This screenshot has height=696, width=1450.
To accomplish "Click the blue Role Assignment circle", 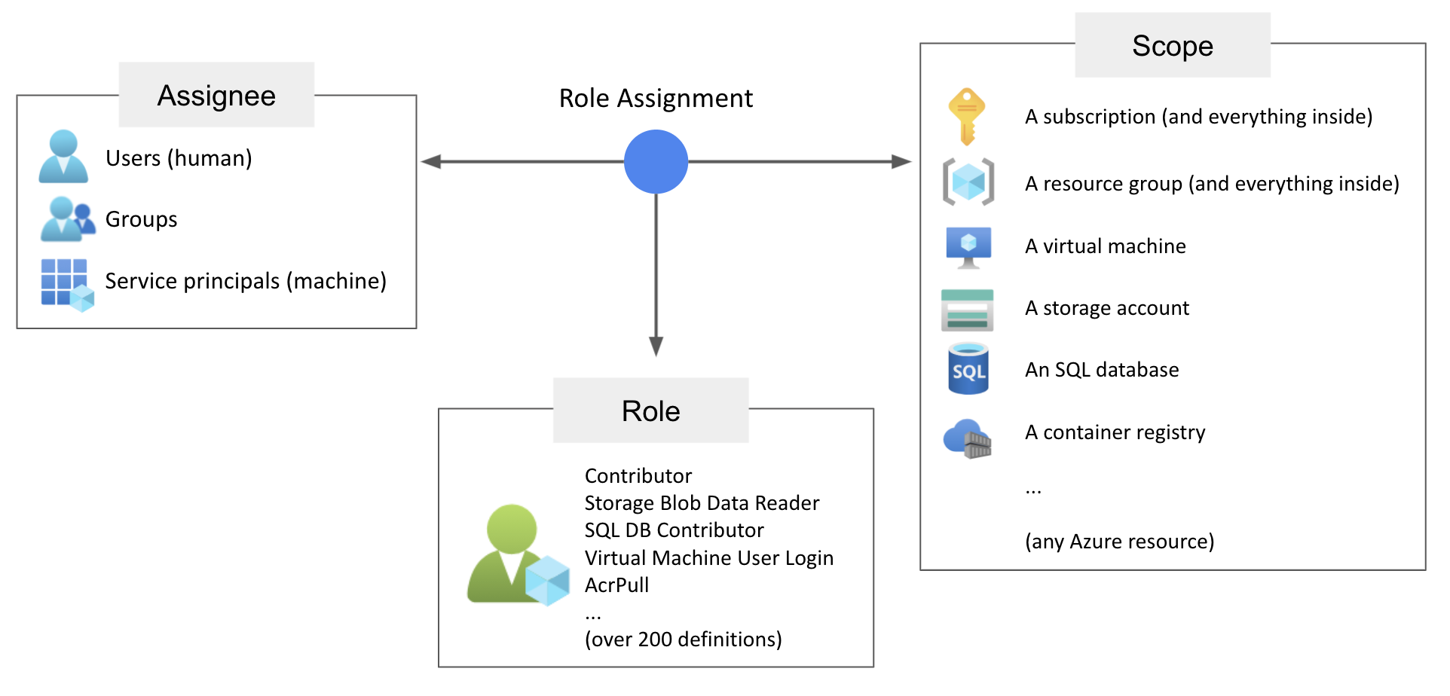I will point(656,161).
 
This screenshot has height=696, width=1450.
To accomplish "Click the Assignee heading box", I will point(216,95).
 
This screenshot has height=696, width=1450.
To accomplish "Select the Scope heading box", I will point(1172,45).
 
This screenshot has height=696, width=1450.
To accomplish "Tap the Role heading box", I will point(650,411).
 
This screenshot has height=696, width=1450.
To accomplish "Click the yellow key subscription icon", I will point(967,116).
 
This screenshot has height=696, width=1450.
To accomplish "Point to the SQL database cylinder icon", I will point(968,369).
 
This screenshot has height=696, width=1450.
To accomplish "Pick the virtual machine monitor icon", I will point(968,247).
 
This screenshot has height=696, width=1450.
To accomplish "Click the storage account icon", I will point(967,310).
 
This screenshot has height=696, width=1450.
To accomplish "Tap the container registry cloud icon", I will point(968,438).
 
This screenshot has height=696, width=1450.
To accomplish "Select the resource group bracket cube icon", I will point(968,182).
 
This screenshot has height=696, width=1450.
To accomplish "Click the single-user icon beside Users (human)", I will point(63,157).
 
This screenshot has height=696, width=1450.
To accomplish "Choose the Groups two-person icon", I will point(67,219).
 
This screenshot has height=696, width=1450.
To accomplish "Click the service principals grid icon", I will point(66,284).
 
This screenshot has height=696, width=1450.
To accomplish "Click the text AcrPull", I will point(616,585).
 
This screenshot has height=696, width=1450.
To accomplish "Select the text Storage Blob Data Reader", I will point(702,503).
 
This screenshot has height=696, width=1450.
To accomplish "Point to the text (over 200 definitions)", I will point(683,640).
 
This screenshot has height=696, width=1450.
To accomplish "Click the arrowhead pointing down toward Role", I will point(656,346).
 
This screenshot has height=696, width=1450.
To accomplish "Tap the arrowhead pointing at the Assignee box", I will point(431,161).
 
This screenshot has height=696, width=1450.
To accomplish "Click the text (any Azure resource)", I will point(1119,542).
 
